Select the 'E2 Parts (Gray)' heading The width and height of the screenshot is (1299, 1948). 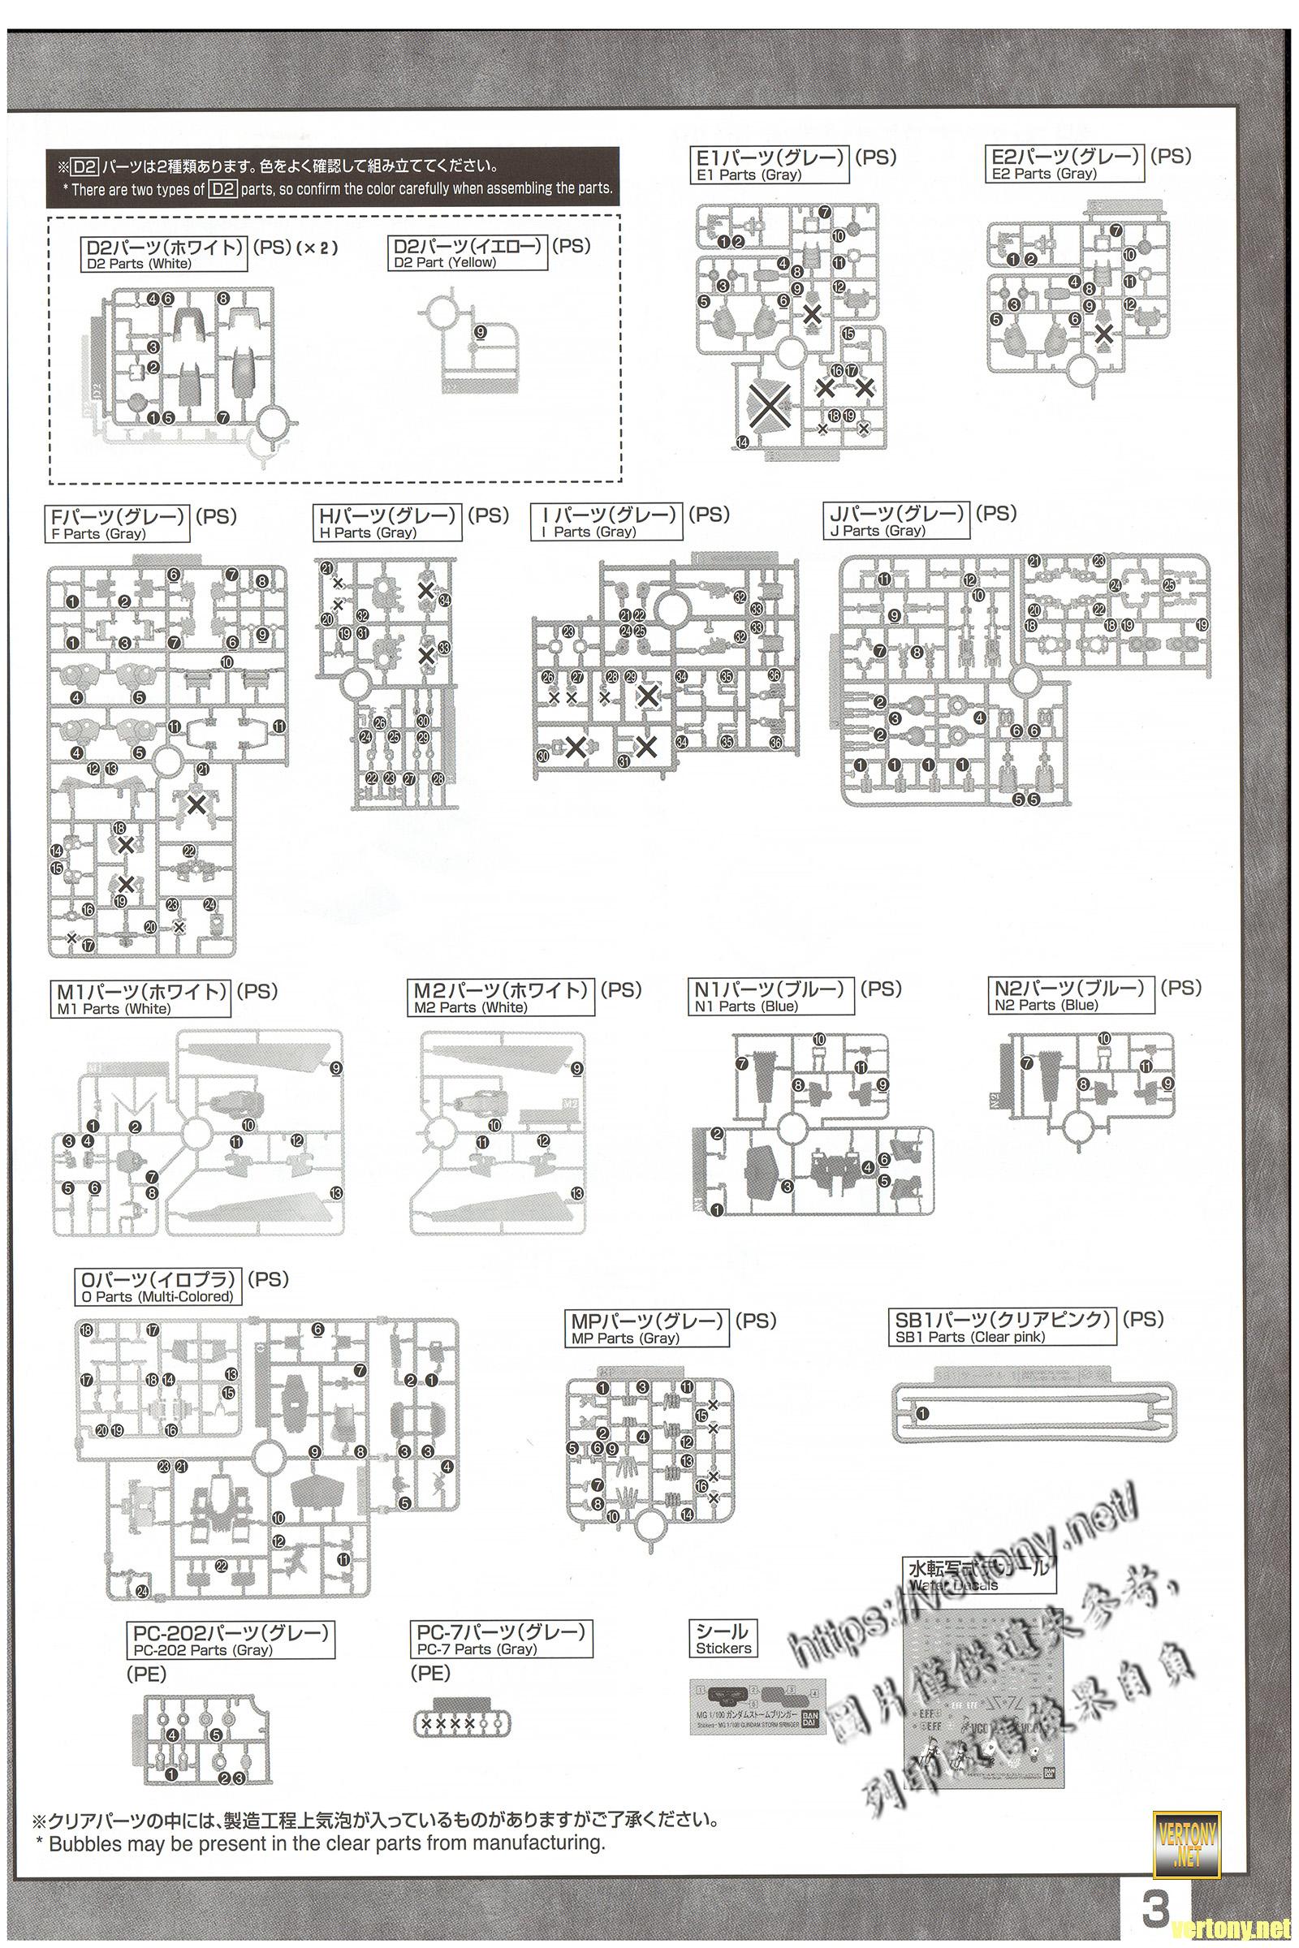click(x=1065, y=163)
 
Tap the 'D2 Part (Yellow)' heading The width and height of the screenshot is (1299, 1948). click(x=468, y=252)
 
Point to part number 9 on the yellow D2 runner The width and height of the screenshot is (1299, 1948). click(x=481, y=332)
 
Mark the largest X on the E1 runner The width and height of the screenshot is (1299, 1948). click(x=770, y=405)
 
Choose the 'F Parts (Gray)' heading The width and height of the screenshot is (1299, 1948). click(x=118, y=524)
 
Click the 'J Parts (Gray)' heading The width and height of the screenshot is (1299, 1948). click(x=898, y=522)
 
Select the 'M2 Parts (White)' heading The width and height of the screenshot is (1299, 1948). click(x=503, y=998)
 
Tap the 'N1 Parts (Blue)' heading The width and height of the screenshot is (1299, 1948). click(x=770, y=997)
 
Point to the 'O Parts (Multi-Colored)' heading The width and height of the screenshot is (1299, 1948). click(x=158, y=1287)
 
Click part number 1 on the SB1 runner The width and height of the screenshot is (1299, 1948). click(x=923, y=1413)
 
